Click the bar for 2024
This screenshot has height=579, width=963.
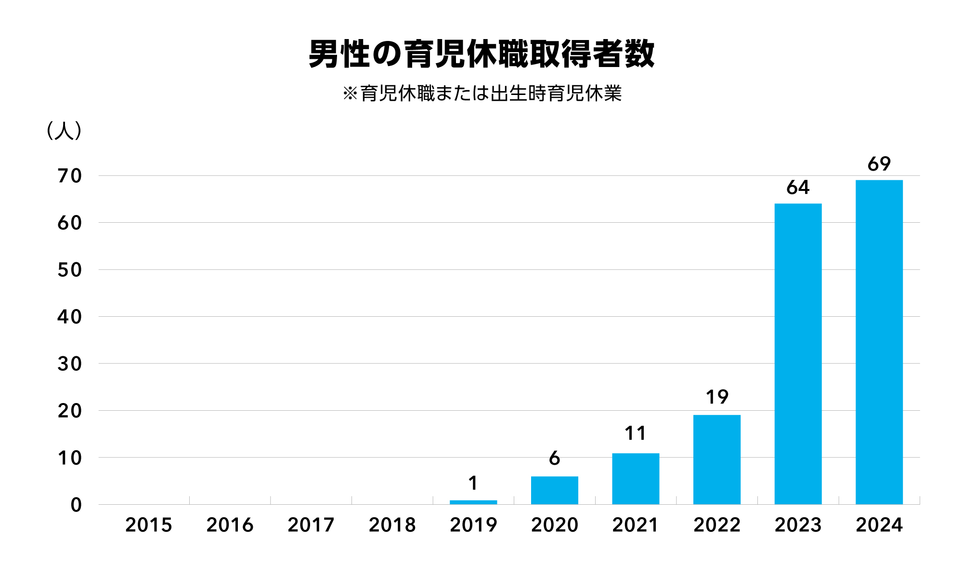pos(879,342)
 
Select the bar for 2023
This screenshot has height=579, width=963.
pos(798,354)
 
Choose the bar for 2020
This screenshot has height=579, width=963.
pos(554,490)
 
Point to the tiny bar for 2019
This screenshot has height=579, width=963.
pos(473,502)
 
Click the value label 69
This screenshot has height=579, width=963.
pos(879,164)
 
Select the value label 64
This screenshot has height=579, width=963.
pos(798,188)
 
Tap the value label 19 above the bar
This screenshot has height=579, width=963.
pos(716,397)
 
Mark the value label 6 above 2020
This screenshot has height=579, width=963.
pos(554,458)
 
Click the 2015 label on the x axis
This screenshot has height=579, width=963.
pos(148,525)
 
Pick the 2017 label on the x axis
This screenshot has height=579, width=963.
pos(311,525)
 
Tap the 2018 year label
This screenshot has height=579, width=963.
pos(392,525)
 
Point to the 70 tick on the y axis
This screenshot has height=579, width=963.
pos(70,176)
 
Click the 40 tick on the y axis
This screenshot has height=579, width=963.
pos(70,317)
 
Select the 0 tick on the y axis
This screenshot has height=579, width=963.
pos(76,505)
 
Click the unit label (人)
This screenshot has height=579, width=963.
pos(64,131)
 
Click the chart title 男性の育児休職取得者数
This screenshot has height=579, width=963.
pos(481,54)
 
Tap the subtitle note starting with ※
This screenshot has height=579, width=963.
pos(481,94)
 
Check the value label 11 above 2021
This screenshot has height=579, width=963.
pos(636,433)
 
